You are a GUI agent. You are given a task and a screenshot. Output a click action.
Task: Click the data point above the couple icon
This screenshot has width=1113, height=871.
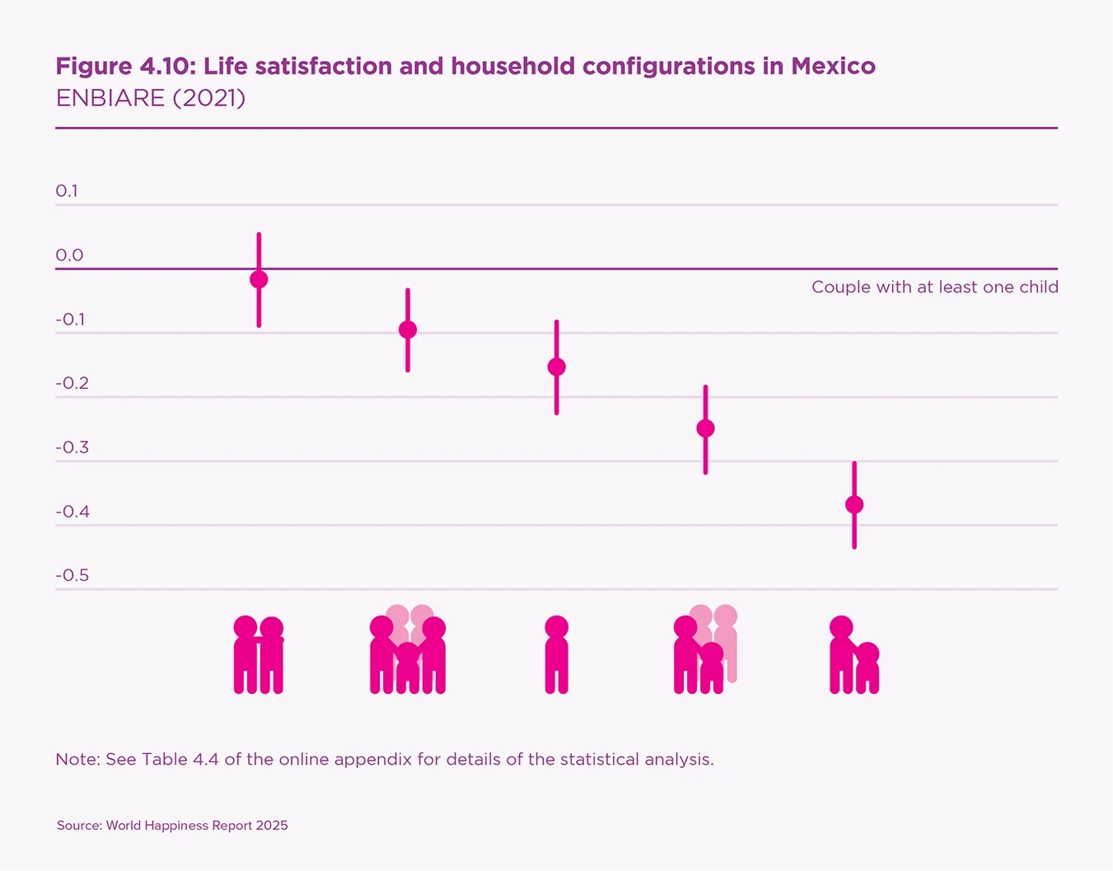pyautogui.click(x=259, y=279)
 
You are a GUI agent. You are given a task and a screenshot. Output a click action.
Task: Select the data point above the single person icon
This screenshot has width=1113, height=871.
pyautogui.click(x=557, y=367)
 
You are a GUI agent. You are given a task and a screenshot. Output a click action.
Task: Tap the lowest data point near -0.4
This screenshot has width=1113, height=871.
pyautogui.click(x=854, y=504)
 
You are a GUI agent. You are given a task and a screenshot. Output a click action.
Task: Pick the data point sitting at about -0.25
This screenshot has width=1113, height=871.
pyautogui.click(x=705, y=428)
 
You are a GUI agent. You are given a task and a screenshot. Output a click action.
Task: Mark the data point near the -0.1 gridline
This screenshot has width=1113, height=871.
pyautogui.click(x=408, y=330)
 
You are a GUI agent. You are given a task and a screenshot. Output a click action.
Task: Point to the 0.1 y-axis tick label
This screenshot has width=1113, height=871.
pyautogui.click(x=67, y=191)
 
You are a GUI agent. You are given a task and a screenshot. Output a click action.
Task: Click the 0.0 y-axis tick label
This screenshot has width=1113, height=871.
pyautogui.click(x=69, y=255)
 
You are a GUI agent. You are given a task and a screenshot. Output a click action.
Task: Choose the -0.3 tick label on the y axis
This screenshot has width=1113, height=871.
pyautogui.click(x=72, y=447)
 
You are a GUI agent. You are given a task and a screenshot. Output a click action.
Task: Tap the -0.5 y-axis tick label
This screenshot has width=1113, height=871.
pyautogui.click(x=72, y=575)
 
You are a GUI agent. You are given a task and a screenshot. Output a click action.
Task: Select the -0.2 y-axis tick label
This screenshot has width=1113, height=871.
pyautogui.click(x=72, y=383)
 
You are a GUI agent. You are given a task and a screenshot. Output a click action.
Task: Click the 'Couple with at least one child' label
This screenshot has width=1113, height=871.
pyautogui.click(x=934, y=288)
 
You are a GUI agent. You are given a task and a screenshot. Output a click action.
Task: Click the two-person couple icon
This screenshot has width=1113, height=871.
pyautogui.click(x=259, y=655)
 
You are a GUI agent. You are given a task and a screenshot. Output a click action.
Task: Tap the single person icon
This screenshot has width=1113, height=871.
pyautogui.click(x=557, y=655)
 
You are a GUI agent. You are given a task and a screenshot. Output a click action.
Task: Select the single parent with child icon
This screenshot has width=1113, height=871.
pyautogui.click(x=854, y=657)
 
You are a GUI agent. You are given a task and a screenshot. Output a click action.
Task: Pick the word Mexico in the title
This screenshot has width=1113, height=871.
pyautogui.click(x=833, y=66)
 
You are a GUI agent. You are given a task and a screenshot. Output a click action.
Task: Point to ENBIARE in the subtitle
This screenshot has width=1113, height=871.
pyautogui.click(x=110, y=98)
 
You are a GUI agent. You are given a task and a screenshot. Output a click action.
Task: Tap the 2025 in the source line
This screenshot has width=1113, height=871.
pyautogui.click(x=272, y=826)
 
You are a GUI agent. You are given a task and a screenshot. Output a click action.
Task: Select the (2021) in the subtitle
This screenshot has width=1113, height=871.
pyautogui.click(x=209, y=98)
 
